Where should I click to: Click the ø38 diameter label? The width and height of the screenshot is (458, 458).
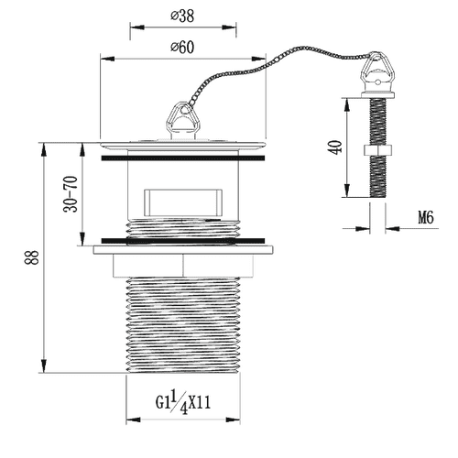[x=182, y=16]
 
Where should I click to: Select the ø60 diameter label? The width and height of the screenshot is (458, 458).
[x=182, y=47]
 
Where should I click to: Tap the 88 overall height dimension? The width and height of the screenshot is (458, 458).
[x=32, y=257]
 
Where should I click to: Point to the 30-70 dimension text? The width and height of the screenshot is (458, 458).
[x=71, y=194]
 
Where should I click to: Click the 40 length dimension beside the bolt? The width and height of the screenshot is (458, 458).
[x=336, y=147]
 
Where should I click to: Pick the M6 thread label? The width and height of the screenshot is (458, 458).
[x=426, y=218]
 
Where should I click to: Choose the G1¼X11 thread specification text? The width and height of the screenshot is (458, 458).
[x=183, y=403]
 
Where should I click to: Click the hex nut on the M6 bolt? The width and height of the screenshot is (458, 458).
[x=378, y=150]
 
